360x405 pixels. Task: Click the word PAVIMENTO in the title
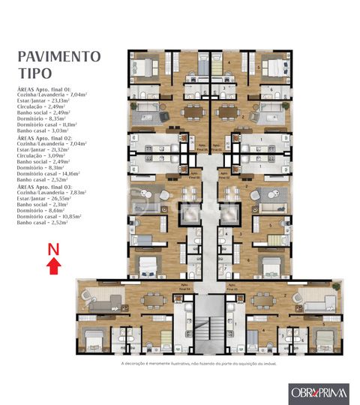pos(58,57)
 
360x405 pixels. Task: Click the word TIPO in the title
pos(34,73)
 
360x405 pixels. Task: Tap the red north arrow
pos(53,263)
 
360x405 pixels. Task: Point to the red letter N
pos(53,247)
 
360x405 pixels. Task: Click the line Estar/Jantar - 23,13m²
pos(48,100)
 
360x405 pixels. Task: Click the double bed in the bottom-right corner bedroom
pos(324,341)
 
